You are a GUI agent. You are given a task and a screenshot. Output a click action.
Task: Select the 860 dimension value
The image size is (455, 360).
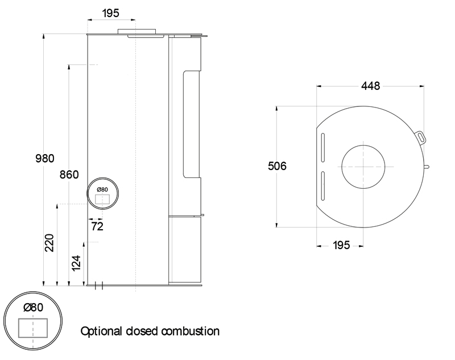click(x=69, y=175)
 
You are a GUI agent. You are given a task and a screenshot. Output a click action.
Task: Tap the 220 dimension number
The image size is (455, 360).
click(x=49, y=243)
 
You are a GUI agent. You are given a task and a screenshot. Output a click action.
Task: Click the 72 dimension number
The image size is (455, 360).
click(x=97, y=226)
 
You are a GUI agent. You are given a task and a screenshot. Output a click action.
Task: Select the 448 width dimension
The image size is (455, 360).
click(x=370, y=86)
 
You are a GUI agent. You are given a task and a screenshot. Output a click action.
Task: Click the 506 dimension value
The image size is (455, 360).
click(x=277, y=166)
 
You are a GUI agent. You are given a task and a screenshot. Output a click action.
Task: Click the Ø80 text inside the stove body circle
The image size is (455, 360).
click(x=102, y=189)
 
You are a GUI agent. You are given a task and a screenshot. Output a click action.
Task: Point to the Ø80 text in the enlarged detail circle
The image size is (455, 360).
click(x=33, y=307)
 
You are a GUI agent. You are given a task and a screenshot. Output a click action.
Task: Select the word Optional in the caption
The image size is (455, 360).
click(x=101, y=331)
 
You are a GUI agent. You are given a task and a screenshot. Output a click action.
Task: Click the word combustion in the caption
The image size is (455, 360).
click(x=191, y=331)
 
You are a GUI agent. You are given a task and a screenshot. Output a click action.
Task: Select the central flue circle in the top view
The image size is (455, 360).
click(x=362, y=167)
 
